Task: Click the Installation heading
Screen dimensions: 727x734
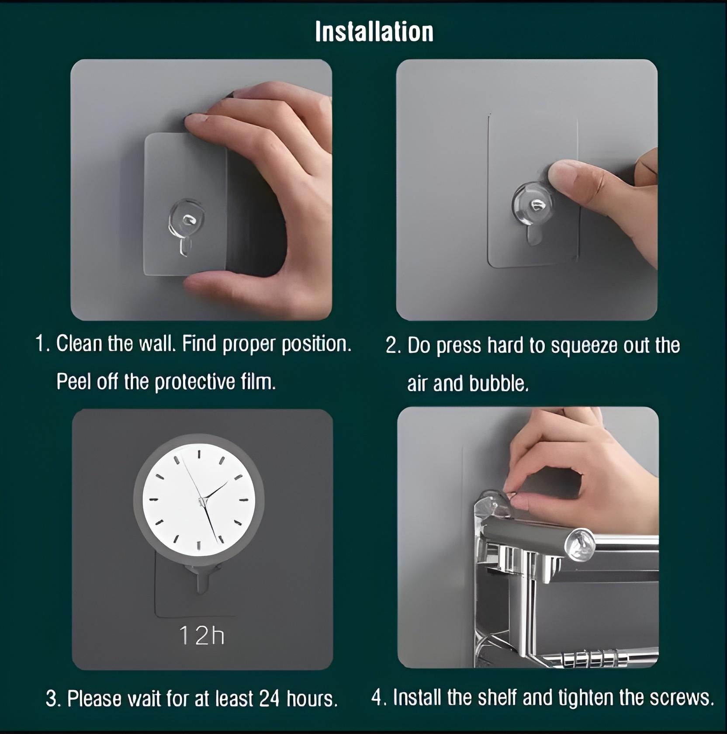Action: point(374,31)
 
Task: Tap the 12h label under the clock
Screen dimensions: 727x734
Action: point(202,635)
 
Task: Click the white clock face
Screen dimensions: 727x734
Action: point(199,500)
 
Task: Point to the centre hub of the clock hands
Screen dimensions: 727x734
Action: point(201,502)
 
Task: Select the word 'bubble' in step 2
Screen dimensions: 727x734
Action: point(498,384)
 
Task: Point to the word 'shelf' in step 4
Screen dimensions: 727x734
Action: point(497,697)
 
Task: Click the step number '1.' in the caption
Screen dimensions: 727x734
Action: point(43,344)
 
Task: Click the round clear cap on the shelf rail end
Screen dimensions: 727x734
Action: point(580,544)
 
